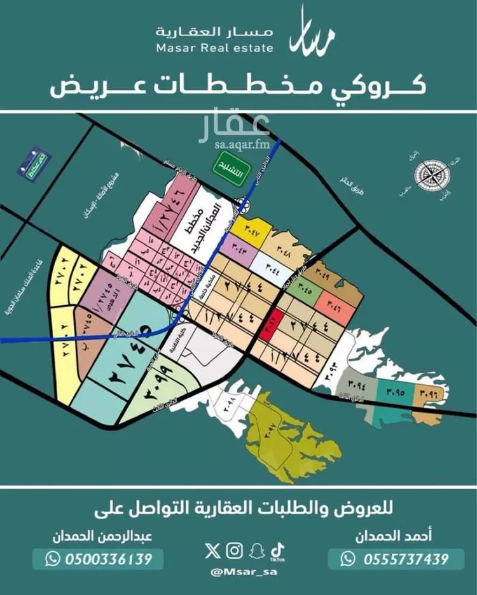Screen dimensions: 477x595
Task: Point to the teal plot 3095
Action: pyautogui.click(x=394, y=393)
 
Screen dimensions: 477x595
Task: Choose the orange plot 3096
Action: pyautogui.click(x=428, y=394)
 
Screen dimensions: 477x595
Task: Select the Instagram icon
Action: pyautogui.click(x=235, y=550)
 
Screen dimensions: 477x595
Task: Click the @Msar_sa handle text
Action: pyautogui.click(x=238, y=571)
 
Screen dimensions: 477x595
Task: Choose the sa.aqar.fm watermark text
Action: pyautogui.click(x=242, y=144)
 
